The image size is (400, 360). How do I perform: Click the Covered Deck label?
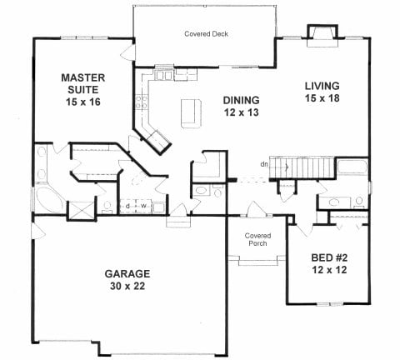[x=206, y=34]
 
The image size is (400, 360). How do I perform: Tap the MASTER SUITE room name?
[x=83, y=83]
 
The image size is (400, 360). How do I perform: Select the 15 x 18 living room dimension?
[x=322, y=98]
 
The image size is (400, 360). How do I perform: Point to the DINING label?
[x=242, y=100]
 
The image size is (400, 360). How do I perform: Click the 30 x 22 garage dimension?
[x=127, y=286]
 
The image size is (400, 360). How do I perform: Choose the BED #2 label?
[x=329, y=257]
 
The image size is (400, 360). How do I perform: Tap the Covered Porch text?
[x=257, y=239]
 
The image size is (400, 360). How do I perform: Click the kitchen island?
[x=191, y=113]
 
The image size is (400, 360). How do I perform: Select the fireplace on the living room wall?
[x=322, y=36]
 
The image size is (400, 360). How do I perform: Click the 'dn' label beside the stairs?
[x=264, y=164]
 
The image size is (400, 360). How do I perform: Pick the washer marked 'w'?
[x=144, y=206]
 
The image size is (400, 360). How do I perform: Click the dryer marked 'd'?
[x=127, y=206]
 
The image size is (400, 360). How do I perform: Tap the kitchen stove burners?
[x=142, y=102]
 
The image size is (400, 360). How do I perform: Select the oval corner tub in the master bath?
[x=49, y=198]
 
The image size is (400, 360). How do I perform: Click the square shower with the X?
[x=81, y=211]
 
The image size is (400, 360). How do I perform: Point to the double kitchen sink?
[x=163, y=75]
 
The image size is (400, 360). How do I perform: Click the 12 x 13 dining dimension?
[x=242, y=112]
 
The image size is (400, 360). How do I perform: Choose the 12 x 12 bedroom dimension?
[x=329, y=270]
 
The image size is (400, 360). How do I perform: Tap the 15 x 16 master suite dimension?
[x=83, y=102]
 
